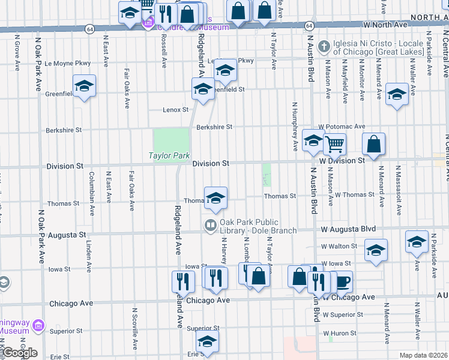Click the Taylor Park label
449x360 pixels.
[x=169, y=156]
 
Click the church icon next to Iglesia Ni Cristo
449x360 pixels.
[x=324, y=46]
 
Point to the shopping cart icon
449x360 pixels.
[x=334, y=143]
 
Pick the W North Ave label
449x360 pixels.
[x=385, y=25]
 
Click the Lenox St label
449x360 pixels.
[x=176, y=110]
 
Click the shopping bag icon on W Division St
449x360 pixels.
[x=373, y=144]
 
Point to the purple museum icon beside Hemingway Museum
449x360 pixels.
[x=38, y=326]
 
